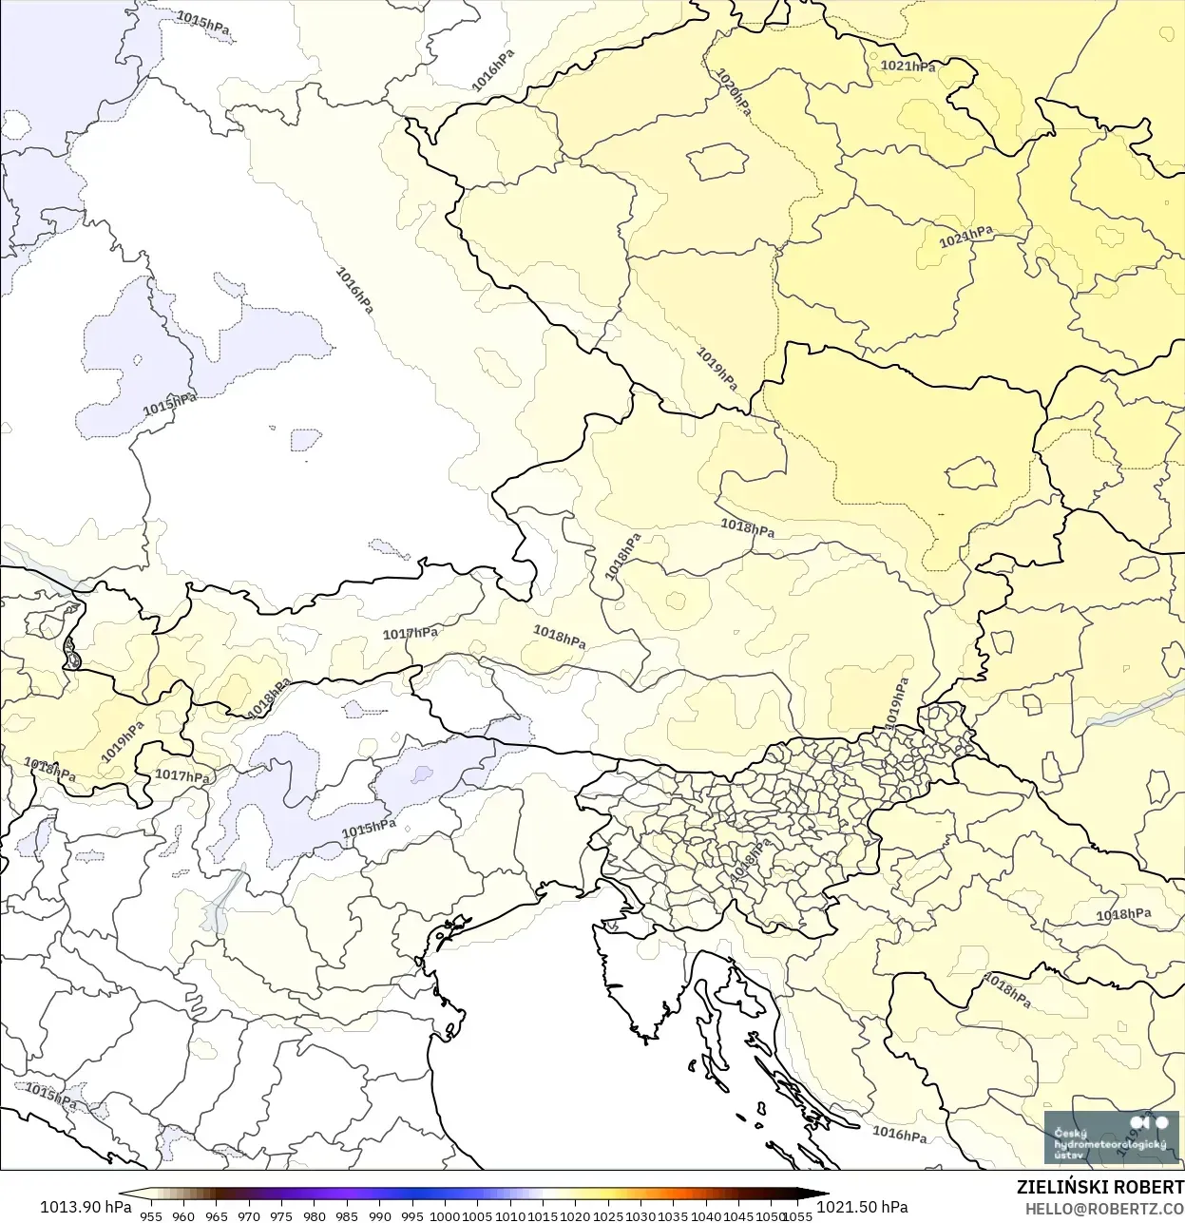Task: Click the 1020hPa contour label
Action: pos(733,92)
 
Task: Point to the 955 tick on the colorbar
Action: pos(151,1215)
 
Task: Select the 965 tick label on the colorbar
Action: pos(217,1215)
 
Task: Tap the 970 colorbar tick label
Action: pos(249,1215)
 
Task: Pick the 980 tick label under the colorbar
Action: pos(315,1215)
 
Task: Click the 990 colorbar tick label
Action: pos(380,1215)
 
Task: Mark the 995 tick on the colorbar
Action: pos(412,1215)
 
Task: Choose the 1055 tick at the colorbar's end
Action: pos(799,1215)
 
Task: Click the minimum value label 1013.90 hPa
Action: pos(86,1207)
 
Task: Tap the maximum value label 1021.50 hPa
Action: pos(862,1207)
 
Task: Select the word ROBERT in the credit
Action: pos(1150,1187)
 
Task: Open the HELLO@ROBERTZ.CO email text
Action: pos(1104,1208)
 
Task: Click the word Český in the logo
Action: pos(1070,1132)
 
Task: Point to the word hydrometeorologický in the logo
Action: pos(1108,1144)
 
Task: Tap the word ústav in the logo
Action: pos(1068,1156)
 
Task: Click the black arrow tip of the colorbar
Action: pos(821,1194)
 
